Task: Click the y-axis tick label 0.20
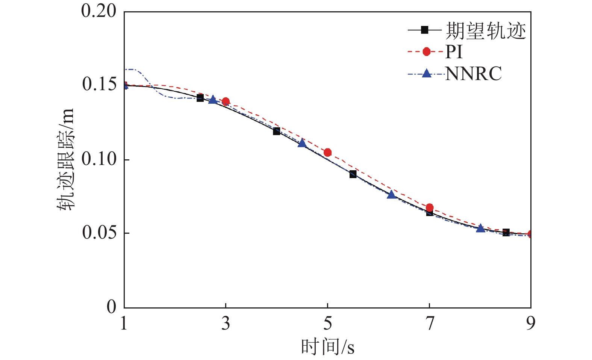point(99,11)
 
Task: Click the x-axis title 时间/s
point(327,347)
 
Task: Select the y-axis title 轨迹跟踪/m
point(66,160)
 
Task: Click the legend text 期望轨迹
point(486,30)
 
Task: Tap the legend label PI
point(454,52)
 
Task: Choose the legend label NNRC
point(473,74)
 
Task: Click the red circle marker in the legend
point(426,51)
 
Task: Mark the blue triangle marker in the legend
point(426,73)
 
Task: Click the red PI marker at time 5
point(327,152)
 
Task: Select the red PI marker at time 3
point(226,101)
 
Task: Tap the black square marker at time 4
point(276,131)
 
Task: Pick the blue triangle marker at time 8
point(480,228)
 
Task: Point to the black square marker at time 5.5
point(353,174)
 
